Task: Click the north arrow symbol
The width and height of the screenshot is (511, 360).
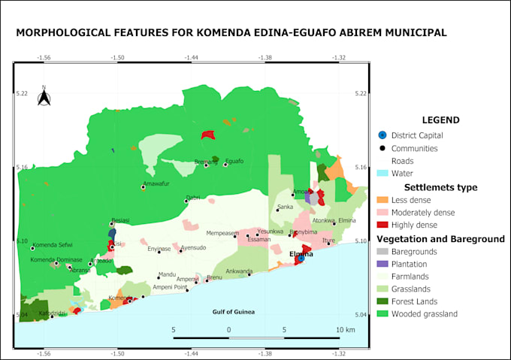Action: coord(44,97)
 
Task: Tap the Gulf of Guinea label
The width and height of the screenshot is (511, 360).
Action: coord(233,312)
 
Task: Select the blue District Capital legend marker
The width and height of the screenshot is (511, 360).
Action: coord(382,135)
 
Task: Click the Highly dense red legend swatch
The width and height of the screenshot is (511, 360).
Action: coord(382,225)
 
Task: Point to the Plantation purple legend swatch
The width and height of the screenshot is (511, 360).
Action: coord(382,264)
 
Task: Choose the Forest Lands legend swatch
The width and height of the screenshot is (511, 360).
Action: coord(382,301)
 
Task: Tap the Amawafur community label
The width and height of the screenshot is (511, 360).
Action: coord(157,183)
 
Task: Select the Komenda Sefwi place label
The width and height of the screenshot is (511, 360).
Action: coord(53,246)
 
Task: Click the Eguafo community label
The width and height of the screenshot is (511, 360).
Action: coord(234,160)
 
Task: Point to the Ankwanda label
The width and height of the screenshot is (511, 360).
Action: coord(240,271)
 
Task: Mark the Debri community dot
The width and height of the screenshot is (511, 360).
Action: coord(186,201)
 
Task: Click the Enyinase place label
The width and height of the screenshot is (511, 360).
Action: coord(159,248)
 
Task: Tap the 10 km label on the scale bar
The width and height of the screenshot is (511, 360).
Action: coord(345,330)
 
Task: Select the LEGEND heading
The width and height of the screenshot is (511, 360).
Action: coord(440,119)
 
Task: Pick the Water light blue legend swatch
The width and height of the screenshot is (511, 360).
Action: coord(382,174)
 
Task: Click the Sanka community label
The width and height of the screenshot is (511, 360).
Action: coord(286,207)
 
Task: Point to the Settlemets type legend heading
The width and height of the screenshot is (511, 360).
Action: coord(440,187)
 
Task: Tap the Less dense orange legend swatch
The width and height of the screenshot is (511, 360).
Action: coord(382,200)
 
